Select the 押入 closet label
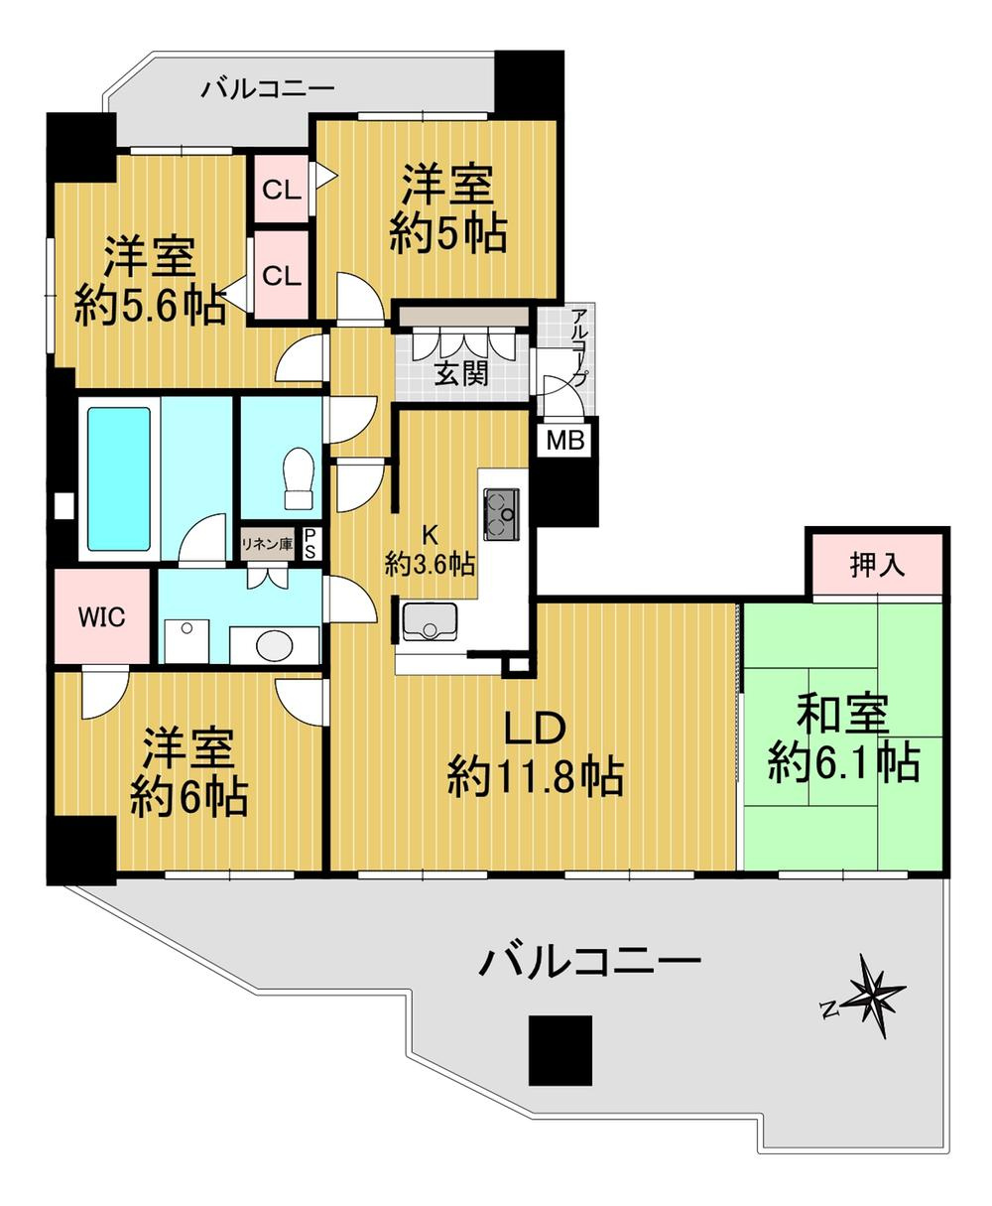878,566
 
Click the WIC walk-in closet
102,617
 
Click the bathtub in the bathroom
119,478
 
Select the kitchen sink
430,621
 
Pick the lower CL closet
282,277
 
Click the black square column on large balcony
559,1050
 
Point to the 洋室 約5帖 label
447,210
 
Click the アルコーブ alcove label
580,347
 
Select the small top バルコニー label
268,90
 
